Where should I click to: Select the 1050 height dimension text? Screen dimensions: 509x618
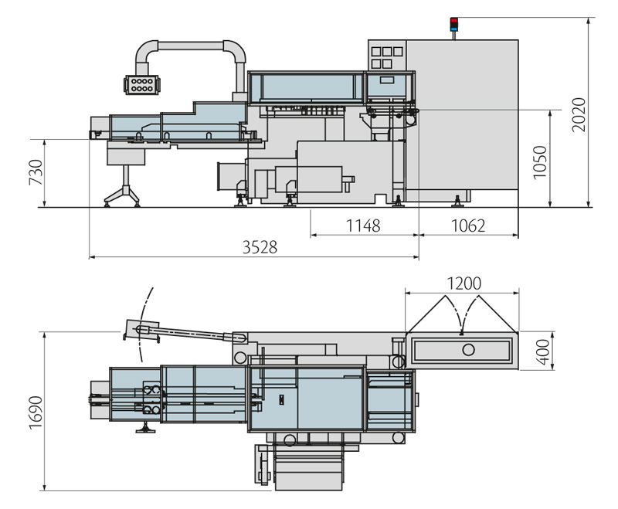tap(541, 162)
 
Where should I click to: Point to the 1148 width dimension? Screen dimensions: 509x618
tap(364, 226)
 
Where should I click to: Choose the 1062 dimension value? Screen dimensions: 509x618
tap(467, 226)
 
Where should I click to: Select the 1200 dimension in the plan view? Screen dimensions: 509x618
tap(463, 283)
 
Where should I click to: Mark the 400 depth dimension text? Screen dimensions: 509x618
tap(543, 351)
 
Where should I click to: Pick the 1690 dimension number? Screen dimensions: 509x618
tap(36, 410)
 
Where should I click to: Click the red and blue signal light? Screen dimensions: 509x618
tap(454, 24)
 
